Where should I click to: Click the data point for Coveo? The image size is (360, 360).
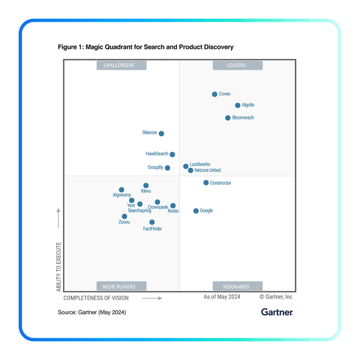click(214, 94)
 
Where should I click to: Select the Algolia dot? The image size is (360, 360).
click(238, 105)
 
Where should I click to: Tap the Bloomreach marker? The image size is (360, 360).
click(228, 118)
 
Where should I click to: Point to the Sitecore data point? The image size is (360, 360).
click(161, 133)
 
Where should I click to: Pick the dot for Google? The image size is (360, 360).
click(196, 211)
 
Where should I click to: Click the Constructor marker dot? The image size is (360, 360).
click(206, 183)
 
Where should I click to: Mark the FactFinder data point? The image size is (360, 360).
click(152, 222)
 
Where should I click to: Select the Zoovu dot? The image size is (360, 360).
click(124, 217)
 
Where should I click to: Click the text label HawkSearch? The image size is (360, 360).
click(157, 154)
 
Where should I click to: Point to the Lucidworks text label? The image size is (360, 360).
click(200, 164)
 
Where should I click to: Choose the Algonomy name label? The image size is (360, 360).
click(122, 195)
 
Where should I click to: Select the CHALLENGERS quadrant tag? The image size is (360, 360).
click(119, 65)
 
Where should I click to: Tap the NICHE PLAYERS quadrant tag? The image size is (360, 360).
click(119, 287)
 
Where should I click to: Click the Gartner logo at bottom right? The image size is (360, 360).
click(277, 312)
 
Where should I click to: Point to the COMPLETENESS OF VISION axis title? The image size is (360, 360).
click(96, 298)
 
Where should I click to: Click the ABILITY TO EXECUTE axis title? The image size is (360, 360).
click(59, 267)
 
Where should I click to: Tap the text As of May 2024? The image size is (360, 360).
click(222, 297)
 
